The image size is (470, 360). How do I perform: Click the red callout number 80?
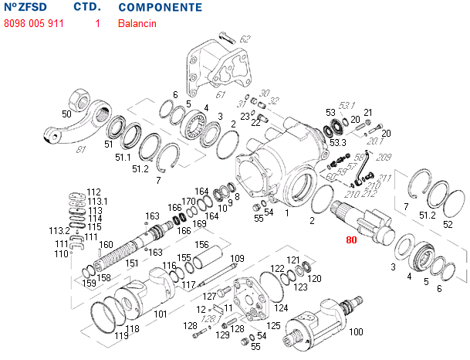click(x=351, y=240)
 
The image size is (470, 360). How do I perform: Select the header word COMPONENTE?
click(x=161, y=8)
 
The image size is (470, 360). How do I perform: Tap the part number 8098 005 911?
click(x=34, y=24)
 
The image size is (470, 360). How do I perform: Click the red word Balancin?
click(x=137, y=24)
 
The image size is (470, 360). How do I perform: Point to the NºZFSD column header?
click(x=25, y=8)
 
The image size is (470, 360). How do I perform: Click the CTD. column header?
click(x=86, y=8)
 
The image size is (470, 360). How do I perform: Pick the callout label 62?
click(x=245, y=39)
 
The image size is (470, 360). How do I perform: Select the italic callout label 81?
click(x=81, y=149)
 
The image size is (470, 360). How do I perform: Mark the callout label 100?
click(x=356, y=332)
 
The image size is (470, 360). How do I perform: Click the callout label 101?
click(x=160, y=314)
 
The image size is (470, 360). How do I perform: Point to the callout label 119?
click(x=121, y=336)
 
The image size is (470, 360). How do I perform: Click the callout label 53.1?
click(x=347, y=105)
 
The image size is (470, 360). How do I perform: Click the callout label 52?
click(x=448, y=224)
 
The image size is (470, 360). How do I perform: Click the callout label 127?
click(x=209, y=296)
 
